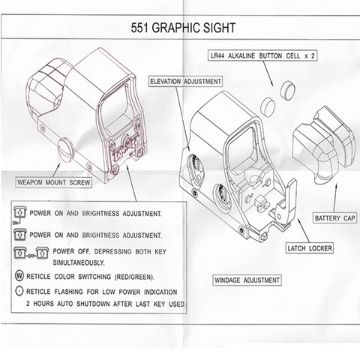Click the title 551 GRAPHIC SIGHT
pyautogui.click(x=183, y=28)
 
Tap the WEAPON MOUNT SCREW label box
pyautogui.click(x=54, y=182)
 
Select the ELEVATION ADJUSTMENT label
pyautogui.click(x=185, y=82)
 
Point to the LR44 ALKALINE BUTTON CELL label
pyautogui.click(x=262, y=55)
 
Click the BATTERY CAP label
pyautogui.click(x=334, y=218)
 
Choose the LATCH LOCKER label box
pyautogui.click(x=310, y=248)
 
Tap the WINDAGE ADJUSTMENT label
pyautogui.click(x=247, y=280)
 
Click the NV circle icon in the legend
pyautogui.click(x=19, y=277)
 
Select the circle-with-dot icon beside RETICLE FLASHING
pyautogui.click(x=19, y=291)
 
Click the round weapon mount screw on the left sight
pyautogui.click(x=65, y=150)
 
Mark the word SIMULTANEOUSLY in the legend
pyautogui.click(x=79, y=263)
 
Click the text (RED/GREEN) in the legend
pyautogui.click(x=134, y=277)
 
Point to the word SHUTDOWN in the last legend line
pyautogui.click(x=94, y=304)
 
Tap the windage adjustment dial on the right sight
pyautogui.click(x=223, y=197)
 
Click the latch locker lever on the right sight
pyautogui.click(x=287, y=203)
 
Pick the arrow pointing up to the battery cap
pyautogui.click(x=335, y=198)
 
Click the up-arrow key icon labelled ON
pyautogui.click(x=20, y=213)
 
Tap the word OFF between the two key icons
pyautogui.click(x=31, y=256)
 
